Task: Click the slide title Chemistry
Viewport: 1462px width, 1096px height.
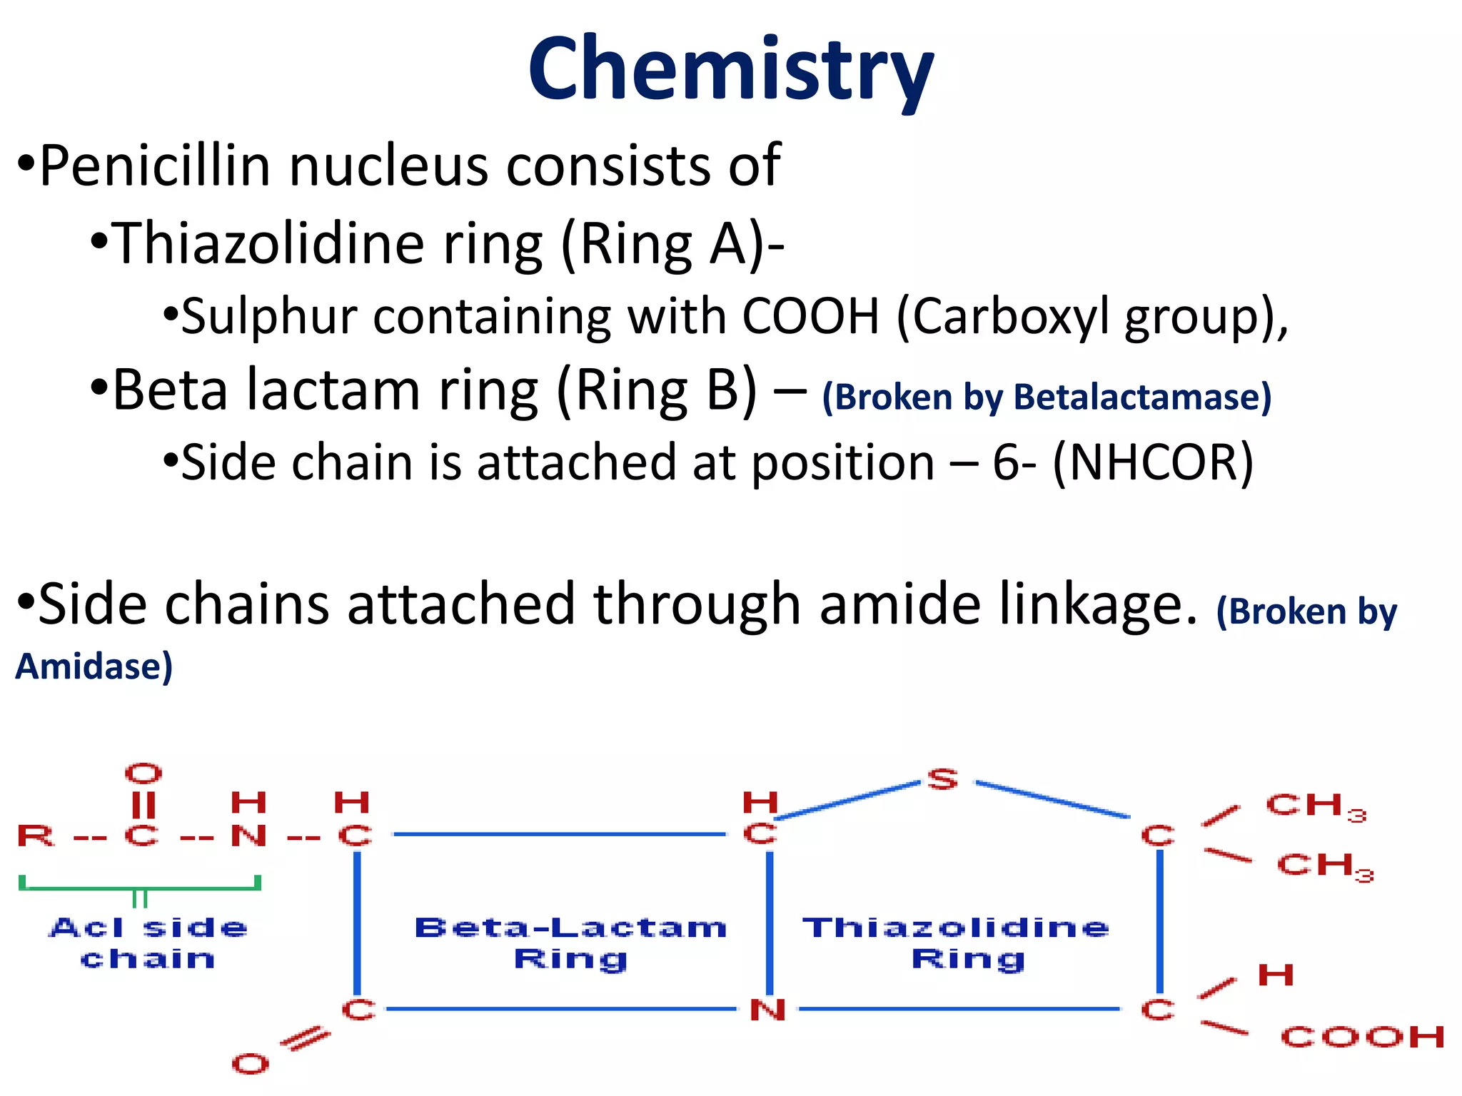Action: pos(730,70)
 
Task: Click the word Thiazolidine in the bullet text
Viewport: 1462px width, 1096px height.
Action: pos(268,244)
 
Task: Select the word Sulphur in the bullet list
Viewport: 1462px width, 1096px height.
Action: pos(268,316)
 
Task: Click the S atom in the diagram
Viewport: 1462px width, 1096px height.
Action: pos(942,779)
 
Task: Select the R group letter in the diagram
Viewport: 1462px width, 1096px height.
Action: pos(36,835)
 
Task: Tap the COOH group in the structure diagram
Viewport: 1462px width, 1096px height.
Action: pos(1362,1037)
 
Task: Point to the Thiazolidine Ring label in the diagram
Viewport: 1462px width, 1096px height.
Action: pos(957,943)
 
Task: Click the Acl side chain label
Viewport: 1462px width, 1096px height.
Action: pos(148,943)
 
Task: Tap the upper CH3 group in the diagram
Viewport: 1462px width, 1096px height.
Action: pos(1315,806)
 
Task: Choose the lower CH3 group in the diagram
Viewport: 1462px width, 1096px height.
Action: pos(1324,866)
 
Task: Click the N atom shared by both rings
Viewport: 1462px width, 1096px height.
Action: pos(768,1010)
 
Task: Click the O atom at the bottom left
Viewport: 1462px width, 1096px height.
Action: pos(251,1064)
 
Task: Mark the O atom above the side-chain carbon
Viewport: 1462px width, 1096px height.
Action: pos(143,773)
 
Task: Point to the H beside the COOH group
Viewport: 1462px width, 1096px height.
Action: pos(1276,975)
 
